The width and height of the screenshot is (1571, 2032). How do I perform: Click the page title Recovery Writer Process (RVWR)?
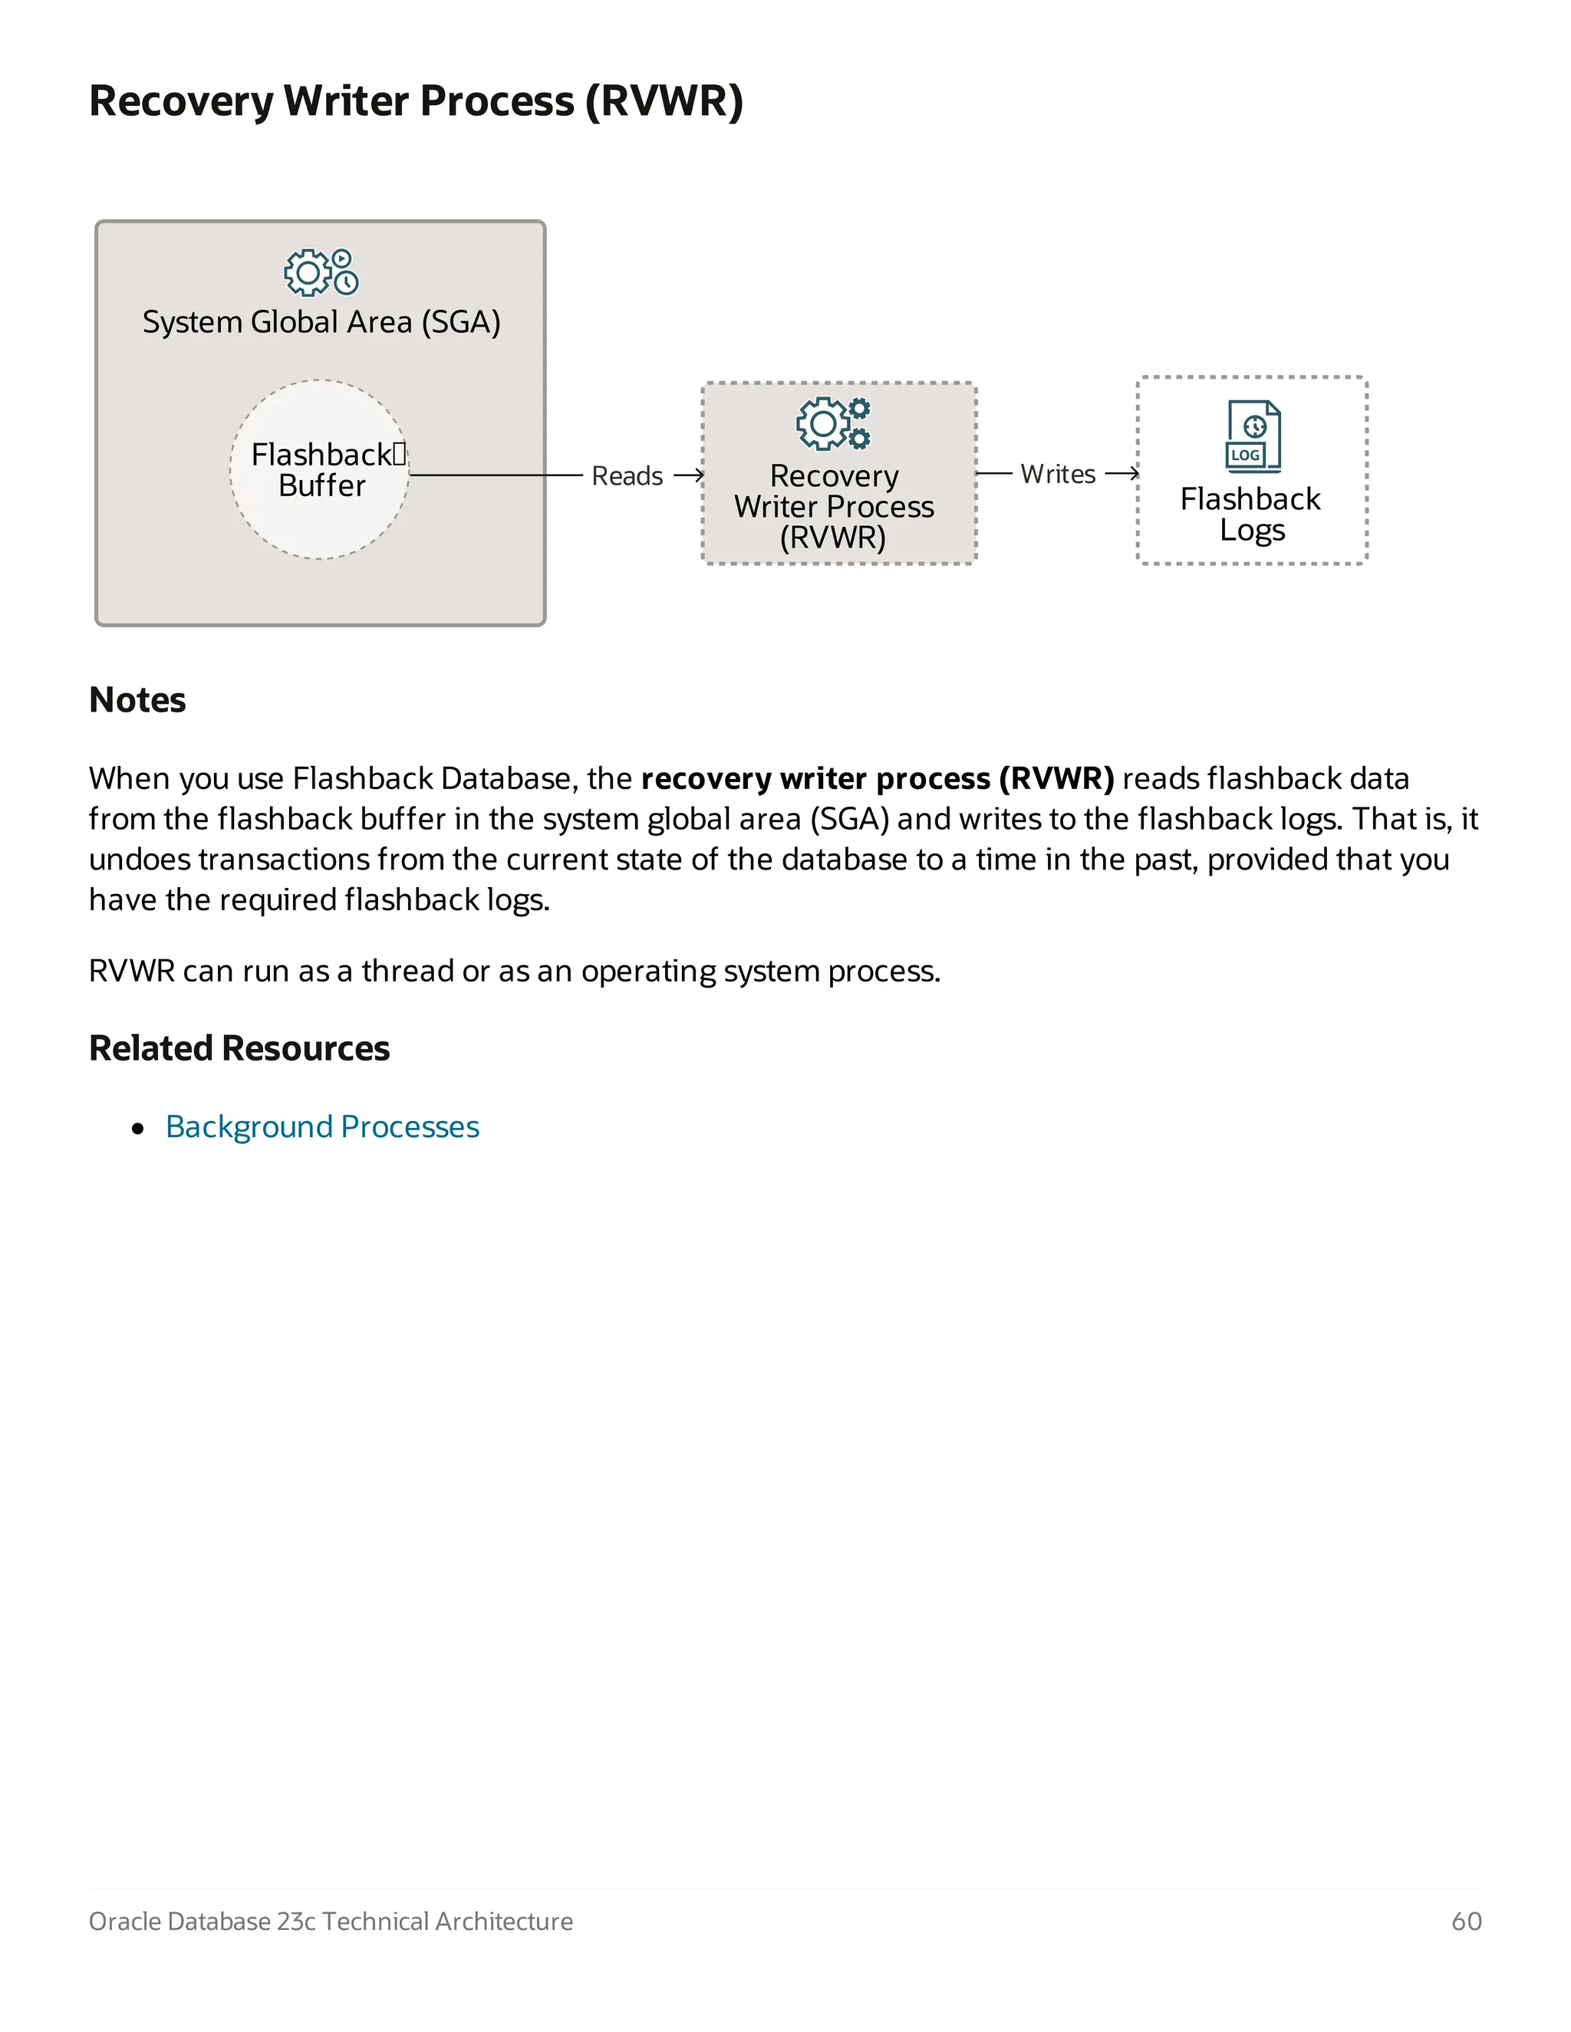click(415, 100)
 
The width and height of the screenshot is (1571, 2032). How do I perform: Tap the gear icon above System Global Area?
click(320, 271)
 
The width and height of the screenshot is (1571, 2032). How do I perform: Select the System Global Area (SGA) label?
click(321, 322)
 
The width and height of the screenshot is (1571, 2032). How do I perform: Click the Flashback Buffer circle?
click(320, 470)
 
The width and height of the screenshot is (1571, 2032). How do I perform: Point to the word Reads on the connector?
click(627, 476)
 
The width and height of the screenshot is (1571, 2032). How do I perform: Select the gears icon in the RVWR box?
click(833, 423)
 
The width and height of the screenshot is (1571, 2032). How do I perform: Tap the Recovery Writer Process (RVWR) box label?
click(833, 506)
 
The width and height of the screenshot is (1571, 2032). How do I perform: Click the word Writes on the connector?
click(1057, 475)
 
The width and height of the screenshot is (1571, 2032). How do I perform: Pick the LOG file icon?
click(1253, 436)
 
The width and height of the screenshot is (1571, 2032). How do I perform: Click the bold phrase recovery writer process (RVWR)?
click(877, 779)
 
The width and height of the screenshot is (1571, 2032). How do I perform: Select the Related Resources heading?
click(239, 1048)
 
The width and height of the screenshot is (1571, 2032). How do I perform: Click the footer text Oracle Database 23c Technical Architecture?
click(331, 1922)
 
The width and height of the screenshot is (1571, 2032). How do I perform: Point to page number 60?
click(1466, 1922)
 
